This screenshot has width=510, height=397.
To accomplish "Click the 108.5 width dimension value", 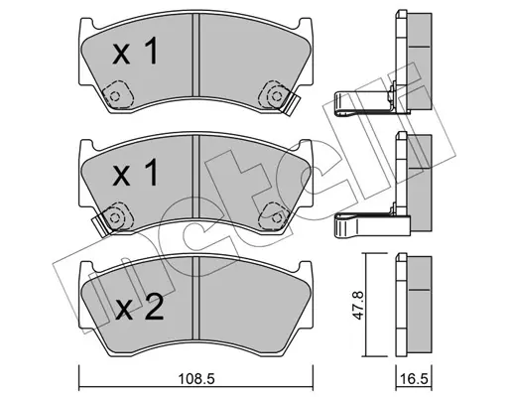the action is point(196,379).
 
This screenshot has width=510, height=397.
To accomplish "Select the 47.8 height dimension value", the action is point(358,305).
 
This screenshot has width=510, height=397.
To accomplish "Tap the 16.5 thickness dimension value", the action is point(414,379).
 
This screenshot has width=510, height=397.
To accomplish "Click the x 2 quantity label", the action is point(139,308).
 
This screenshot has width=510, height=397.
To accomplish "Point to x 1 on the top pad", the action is point(135,51).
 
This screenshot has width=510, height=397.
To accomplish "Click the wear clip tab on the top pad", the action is point(291,104).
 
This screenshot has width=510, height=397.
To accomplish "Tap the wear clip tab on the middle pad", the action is point(101,224).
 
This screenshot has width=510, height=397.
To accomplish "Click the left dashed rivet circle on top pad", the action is point(114,96).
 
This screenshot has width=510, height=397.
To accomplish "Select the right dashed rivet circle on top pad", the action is point(276,96).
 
